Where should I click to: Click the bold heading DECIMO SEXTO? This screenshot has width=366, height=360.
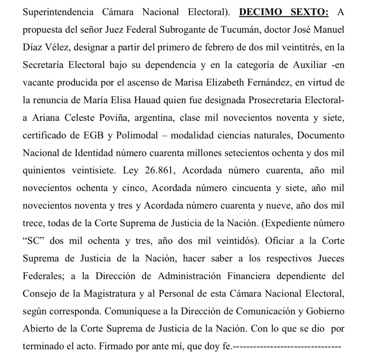284,12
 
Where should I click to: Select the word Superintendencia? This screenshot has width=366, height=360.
58,12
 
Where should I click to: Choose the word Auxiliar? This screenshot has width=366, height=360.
310,65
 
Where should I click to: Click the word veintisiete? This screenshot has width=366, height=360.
94,170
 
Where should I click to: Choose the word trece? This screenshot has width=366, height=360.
34,223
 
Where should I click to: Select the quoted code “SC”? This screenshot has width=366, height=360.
34,241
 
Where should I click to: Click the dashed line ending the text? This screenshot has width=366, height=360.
287,346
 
